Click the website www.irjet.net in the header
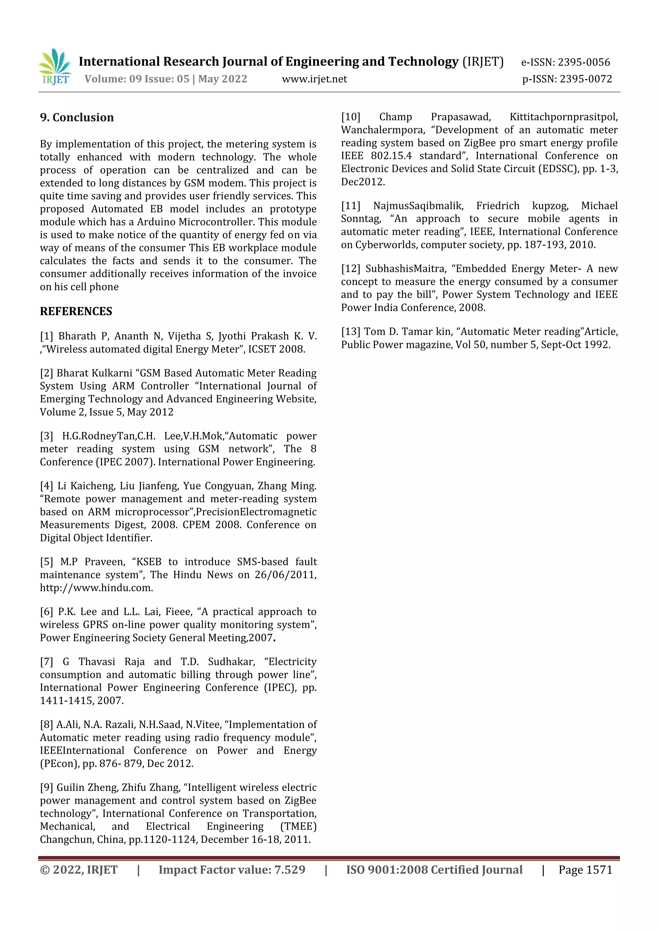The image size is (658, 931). coord(314,79)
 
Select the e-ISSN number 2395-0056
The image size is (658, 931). coord(583,62)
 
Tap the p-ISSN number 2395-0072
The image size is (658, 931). coord(585,79)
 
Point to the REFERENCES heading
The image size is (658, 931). coord(76,311)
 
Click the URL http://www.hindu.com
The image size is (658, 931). coord(96,588)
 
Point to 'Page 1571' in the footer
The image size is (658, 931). coord(585,870)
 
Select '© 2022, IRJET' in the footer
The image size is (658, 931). coord(79,870)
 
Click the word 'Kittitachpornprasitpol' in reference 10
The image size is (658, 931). coord(563,117)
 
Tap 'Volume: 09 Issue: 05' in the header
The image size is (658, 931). coord(137,79)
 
